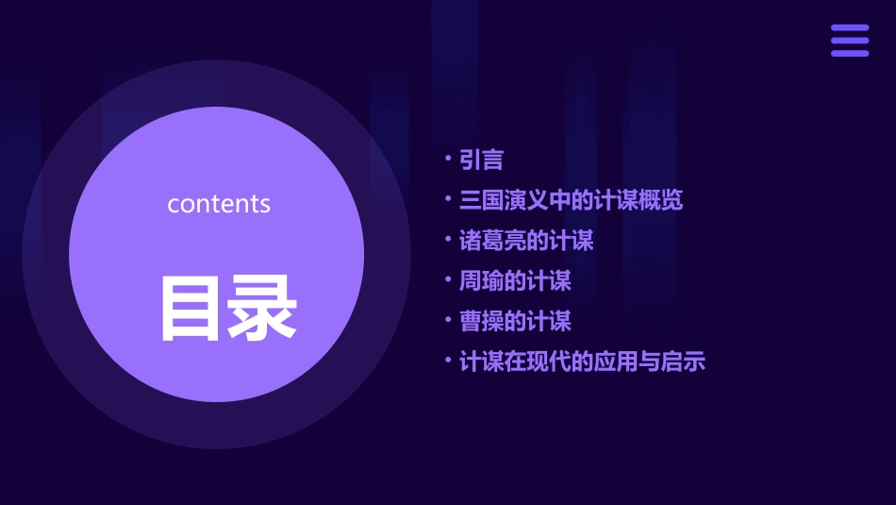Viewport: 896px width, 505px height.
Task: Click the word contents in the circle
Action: click(x=219, y=204)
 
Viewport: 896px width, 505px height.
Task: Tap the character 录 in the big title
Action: click(x=262, y=308)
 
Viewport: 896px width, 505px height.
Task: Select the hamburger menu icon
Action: click(x=849, y=41)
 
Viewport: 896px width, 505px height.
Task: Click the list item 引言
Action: click(x=481, y=160)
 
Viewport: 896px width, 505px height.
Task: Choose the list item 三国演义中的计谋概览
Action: click(x=571, y=200)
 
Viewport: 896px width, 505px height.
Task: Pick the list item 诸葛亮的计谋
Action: click(x=526, y=241)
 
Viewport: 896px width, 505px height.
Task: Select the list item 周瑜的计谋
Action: click(x=515, y=281)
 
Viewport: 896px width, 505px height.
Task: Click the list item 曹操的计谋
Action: click(x=515, y=322)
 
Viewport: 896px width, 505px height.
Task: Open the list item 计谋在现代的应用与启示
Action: click(x=582, y=362)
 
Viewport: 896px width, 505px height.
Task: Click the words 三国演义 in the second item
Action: click(x=504, y=200)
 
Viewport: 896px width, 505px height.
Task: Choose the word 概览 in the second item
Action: click(x=661, y=200)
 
